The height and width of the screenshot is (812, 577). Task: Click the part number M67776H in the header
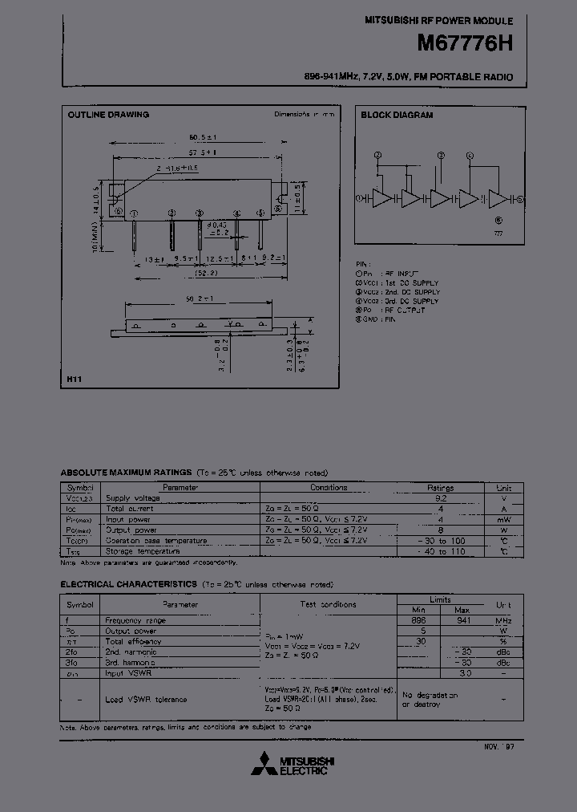click(x=464, y=45)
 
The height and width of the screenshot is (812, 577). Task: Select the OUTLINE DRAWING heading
click(x=108, y=115)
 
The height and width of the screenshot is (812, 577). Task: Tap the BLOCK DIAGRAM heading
click(x=397, y=115)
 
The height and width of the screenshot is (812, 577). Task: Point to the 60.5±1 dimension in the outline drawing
click(x=203, y=136)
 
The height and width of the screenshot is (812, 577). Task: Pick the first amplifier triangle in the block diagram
click(x=382, y=199)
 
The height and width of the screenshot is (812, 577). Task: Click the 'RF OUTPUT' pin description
click(x=404, y=310)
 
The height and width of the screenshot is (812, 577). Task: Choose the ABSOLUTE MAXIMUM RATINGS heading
click(x=126, y=473)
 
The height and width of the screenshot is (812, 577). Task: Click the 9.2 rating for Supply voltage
click(x=440, y=497)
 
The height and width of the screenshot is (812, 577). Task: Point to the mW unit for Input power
click(x=503, y=519)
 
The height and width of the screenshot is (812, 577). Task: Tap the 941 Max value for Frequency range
click(x=464, y=620)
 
